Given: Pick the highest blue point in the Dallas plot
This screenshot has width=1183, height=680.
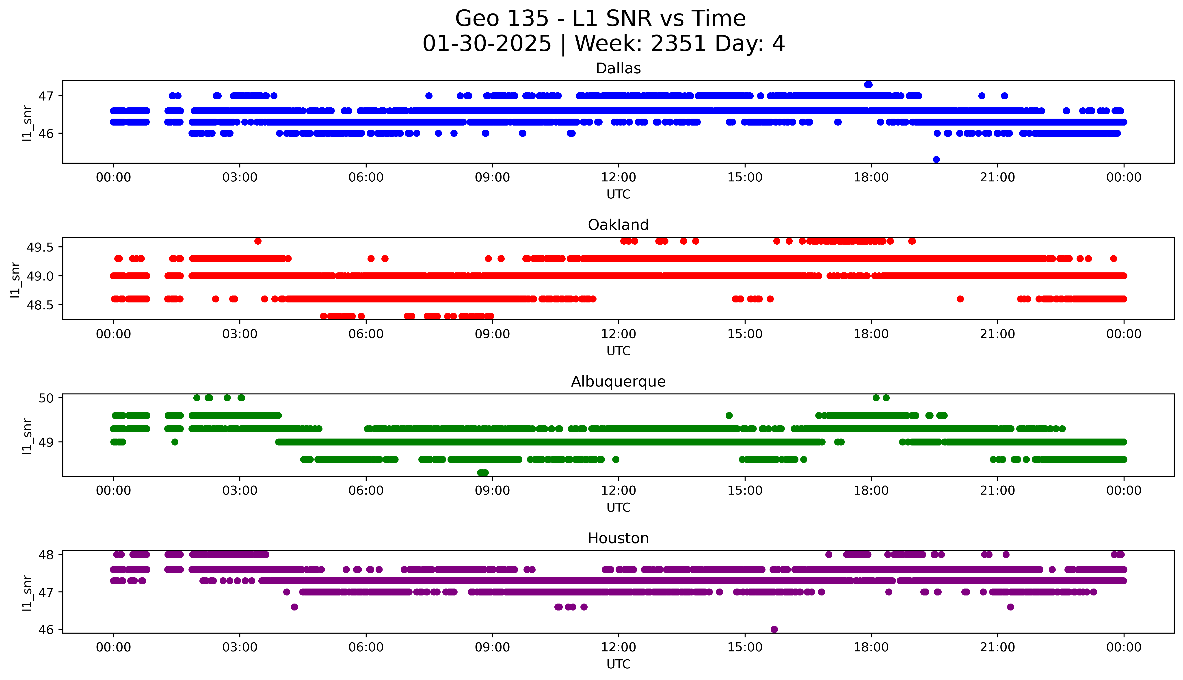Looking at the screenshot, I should (868, 85).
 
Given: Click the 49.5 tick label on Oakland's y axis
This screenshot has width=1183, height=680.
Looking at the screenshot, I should (41, 248).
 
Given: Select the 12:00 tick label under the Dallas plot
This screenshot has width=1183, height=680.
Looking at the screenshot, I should (618, 178).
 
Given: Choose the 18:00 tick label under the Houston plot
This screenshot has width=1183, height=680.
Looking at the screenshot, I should (871, 647).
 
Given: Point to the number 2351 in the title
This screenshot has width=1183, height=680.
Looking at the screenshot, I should (678, 44).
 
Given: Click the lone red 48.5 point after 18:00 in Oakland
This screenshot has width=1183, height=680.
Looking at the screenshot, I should (960, 299).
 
